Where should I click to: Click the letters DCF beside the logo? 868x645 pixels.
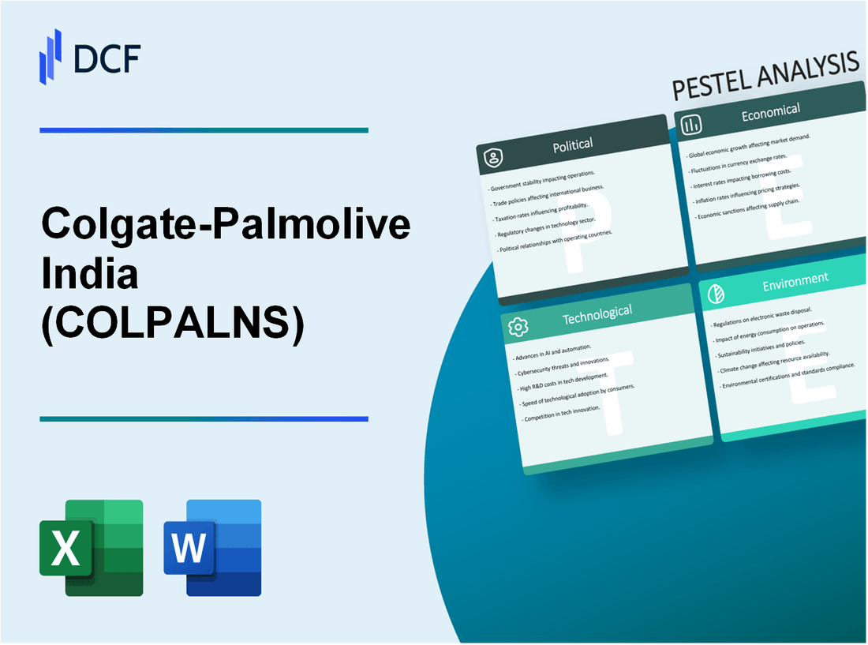pyautogui.click(x=106, y=58)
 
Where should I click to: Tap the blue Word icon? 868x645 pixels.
pyautogui.click(x=213, y=547)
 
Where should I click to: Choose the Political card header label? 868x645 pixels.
pyautogui.click(x=573, y=144)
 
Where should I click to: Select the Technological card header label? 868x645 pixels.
pyautogui.click(x=597, y=314)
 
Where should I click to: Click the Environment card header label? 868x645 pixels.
pyautogui.click(x=795, y=279)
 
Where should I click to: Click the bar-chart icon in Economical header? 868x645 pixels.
pyautogui.click(x=692, y=125)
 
